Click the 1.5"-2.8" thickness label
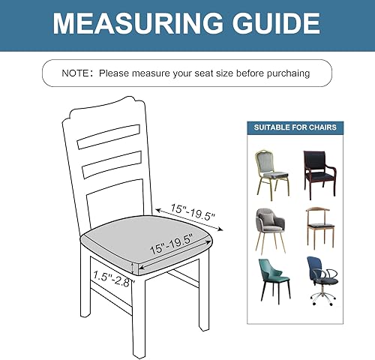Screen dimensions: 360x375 [x=112, y=279]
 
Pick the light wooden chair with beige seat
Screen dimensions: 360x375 [x=320, y=227]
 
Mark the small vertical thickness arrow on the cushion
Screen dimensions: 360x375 [x=134, y=268]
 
